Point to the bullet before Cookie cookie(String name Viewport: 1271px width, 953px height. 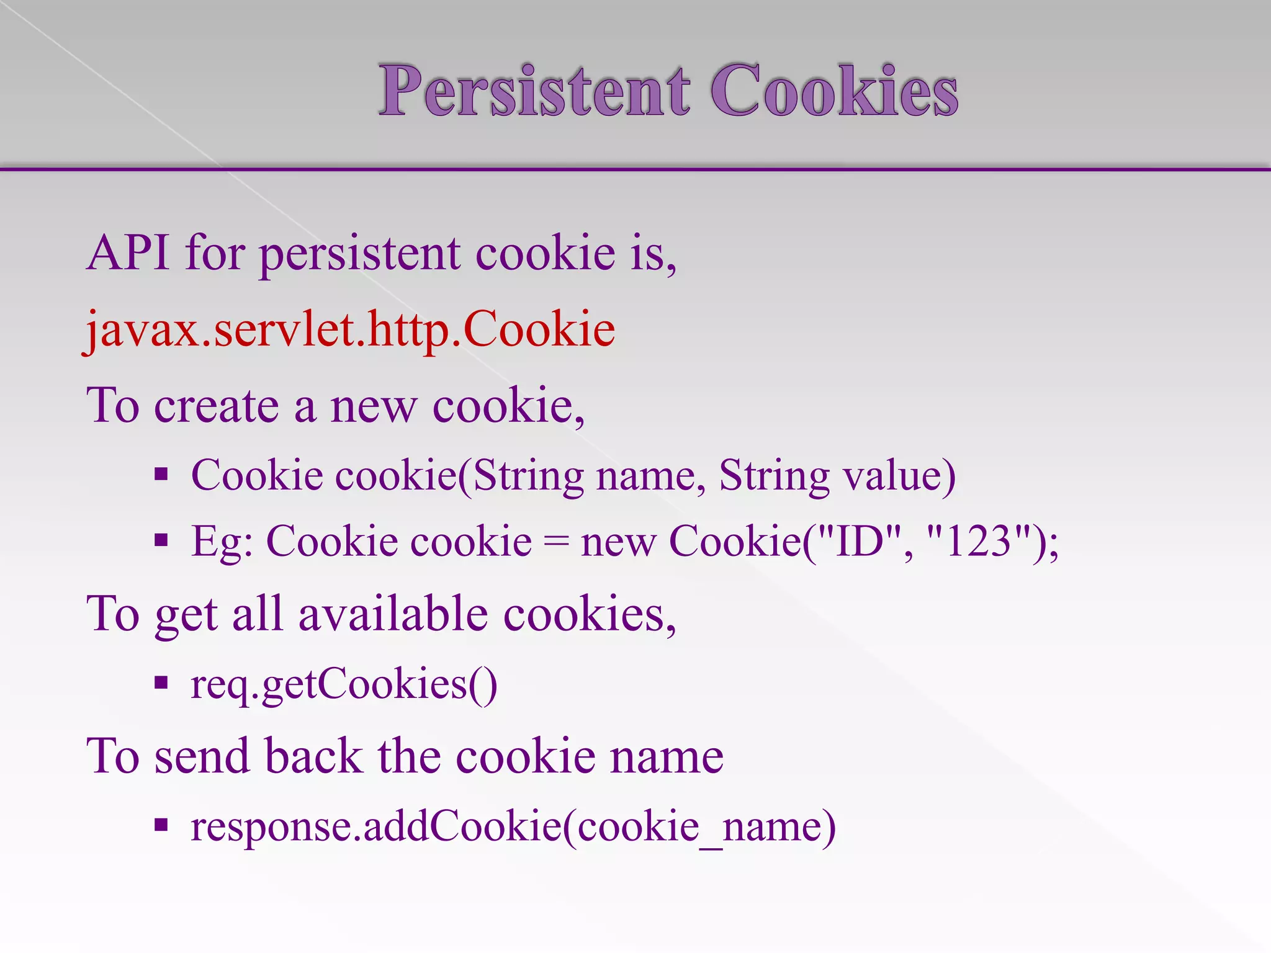(x=161, y=475)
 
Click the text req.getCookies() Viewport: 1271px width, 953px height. (x=344, y=685)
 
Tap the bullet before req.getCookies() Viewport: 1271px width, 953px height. (x=161, y=684)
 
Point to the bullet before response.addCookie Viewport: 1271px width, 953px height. (x=161, y=825)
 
